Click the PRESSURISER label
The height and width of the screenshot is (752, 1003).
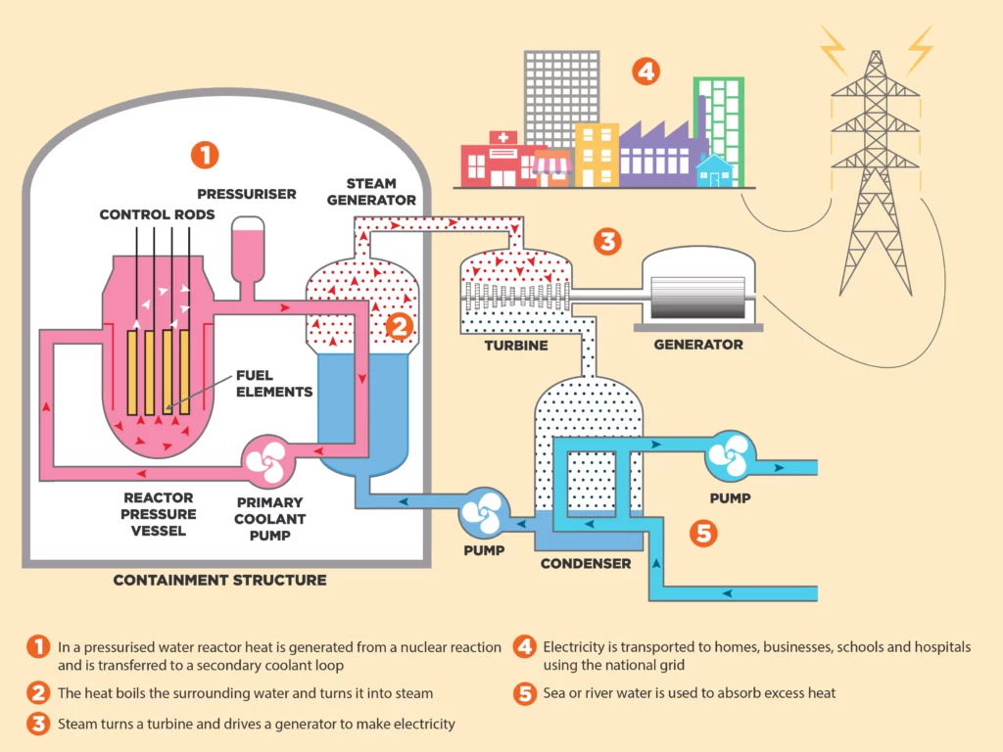[x=247, y=193]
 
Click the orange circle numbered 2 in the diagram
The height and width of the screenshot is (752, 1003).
[x=399, y=326]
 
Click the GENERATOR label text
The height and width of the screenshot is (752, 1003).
[x=697, y=345]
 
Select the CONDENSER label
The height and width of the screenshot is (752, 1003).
[x=586, y=563]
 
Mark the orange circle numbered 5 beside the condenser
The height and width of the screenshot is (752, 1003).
[x=703, y=533]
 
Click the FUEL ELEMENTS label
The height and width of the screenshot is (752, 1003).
[x=273, y=384]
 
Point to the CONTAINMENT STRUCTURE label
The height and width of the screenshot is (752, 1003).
[x=219, y=580]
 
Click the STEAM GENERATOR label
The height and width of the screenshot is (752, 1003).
[x=371, y=191]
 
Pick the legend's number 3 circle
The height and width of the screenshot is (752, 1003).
[x=37, y=725]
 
